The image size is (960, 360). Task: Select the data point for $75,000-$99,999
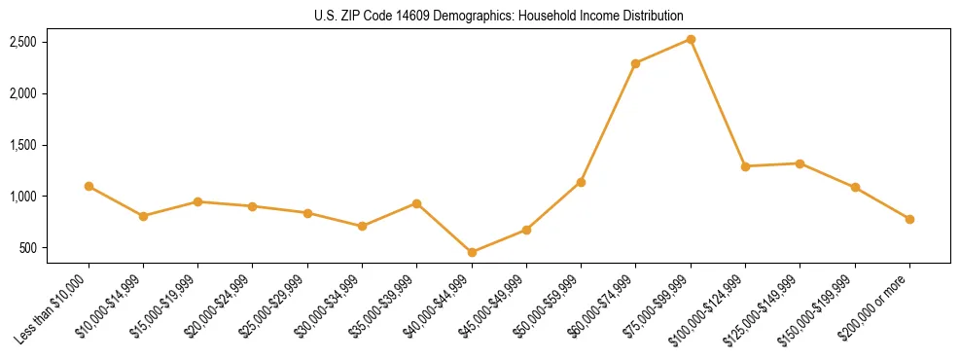tap(691, 39)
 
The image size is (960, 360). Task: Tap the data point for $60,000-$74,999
tap(635, 63)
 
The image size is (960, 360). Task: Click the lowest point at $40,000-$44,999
tap(472, 252)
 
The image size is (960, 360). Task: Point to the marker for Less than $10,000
tap(89, 186)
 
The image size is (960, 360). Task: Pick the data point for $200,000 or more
tap(909, 219)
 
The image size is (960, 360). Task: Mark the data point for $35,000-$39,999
tap(416, 203)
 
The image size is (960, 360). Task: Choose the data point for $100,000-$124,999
tap(745, 166)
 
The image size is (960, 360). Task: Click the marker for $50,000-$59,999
tap(581, 182)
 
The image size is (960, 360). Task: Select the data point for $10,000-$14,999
tap(143, 216)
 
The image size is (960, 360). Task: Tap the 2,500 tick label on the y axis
tap(23, 42)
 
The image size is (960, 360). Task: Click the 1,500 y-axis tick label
tap(23, 145)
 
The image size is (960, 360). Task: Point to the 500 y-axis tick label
tap(29, 248)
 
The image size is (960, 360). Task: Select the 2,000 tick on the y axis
tap(23, 93)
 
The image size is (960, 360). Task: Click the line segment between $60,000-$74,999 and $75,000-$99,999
tap(663, 51)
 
